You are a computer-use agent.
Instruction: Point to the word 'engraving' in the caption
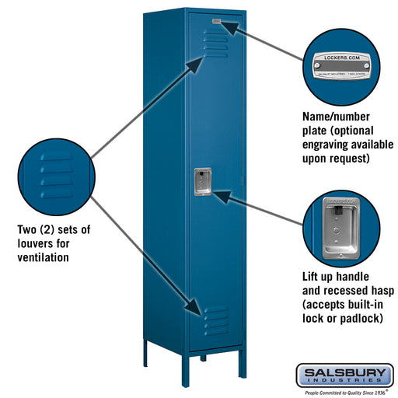tap(330, 144)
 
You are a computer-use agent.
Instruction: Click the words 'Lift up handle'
tap(340, 276)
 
